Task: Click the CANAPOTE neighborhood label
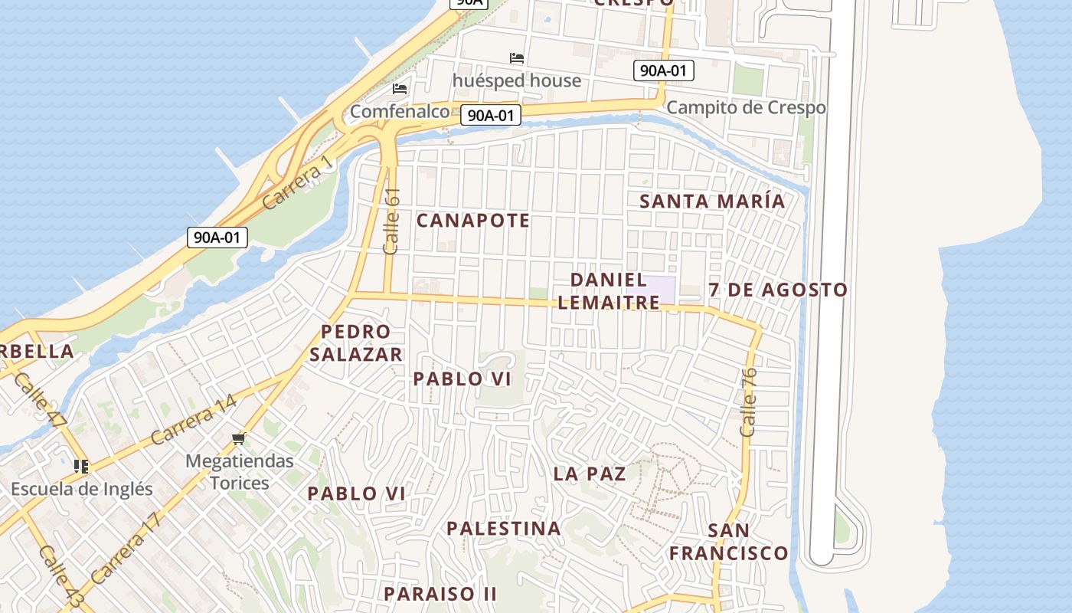click(x=473, y=221)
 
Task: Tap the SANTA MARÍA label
click(x=712, y=202)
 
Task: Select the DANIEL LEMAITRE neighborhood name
click(x=609, y=291)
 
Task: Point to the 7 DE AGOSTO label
click(x=778, y=290)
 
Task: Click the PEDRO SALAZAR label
click(x=356, y=343)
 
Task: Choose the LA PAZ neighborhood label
click(x=590, y=474)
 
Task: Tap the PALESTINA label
click(x=504, y=529)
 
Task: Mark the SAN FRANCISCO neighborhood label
click(x=729, y=542)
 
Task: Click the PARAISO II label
click(x=440, y=594)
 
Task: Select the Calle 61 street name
click(x=392, y=222)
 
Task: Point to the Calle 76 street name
click(x=749, y=403)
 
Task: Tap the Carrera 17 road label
click(x=126, y=548)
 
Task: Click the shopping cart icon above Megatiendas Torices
click(x=239, y=439)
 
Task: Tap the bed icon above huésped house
click(x=517, y=58)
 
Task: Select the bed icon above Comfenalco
click(x=400, y=89)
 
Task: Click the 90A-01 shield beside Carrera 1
click(x=217, y=238)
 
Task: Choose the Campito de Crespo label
click(x=746, y=107)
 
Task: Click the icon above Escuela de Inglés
click(x=81, y=466)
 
